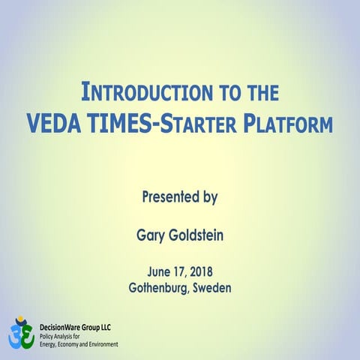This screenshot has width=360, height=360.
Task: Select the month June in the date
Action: (x=150, y=271)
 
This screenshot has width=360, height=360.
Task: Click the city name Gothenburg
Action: (x=160, y=287)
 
